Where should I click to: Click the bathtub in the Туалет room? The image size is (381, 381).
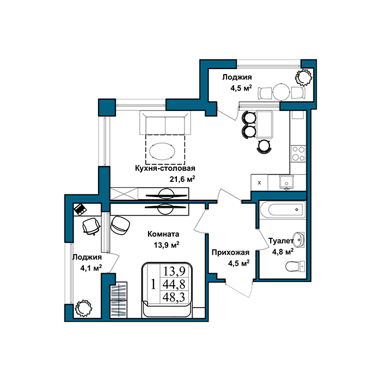[282, 210]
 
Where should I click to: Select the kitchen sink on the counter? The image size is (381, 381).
[286, 181]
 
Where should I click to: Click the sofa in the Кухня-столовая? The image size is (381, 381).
[165, 122]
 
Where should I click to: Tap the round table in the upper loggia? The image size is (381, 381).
[281, 92]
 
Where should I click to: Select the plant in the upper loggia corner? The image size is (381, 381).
[304, 77]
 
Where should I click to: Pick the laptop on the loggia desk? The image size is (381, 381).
[80, 209]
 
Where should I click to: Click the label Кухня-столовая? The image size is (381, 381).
[165, 168]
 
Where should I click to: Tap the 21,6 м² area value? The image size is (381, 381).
[182, 179]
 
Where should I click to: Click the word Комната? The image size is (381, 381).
[163, 234]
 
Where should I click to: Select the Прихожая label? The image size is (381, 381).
[230, 253]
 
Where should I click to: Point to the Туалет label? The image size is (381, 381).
[281, 241]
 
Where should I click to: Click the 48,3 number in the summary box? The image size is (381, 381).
[174, 297]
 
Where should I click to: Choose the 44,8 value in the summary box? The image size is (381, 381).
[174, 284]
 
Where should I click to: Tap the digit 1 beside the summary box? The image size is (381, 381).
[153, 284]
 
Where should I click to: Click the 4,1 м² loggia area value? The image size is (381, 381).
[91, 268]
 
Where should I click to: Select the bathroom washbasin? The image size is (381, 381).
[299, 239]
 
